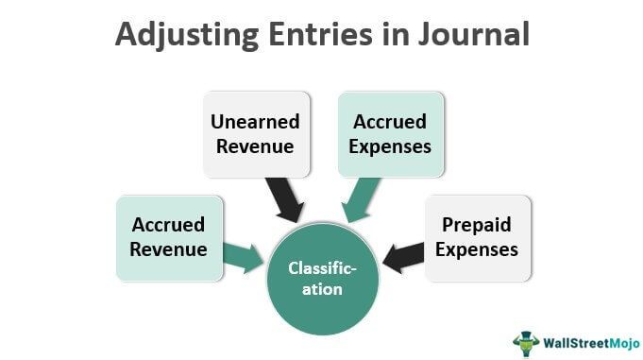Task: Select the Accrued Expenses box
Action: coord(391,134)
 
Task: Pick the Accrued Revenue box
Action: coord(170,238)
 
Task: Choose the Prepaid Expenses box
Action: coord(480,238)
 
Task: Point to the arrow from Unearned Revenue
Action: coord(284,199)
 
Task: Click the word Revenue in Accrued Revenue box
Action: coord(170,250)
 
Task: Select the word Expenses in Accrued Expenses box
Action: coord(391,146)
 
